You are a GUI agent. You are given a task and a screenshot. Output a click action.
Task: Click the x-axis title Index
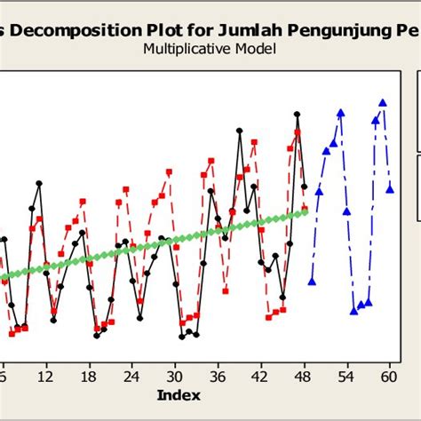point(179,394)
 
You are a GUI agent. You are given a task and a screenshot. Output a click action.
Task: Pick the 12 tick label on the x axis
point(45,375)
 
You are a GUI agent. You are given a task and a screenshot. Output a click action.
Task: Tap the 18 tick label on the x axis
point(89,375)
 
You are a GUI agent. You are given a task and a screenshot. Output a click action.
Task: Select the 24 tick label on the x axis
point(131,375)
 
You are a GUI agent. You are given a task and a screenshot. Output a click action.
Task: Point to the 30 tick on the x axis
point(175,375)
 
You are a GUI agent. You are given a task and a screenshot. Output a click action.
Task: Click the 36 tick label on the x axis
point(218,375)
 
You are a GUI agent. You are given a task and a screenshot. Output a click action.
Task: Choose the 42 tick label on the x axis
point(260,375)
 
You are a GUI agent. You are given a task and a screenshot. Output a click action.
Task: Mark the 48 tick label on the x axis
point(304,375)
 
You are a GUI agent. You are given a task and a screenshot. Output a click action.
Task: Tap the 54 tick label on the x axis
point(346,375)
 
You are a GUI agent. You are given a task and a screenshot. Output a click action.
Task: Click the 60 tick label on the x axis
point(389,375)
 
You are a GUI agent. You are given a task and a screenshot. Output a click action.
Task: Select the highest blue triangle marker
point(383,103)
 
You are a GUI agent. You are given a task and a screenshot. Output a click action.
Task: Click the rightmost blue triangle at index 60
point(391,187)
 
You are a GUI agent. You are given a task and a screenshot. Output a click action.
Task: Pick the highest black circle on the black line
point(297,114)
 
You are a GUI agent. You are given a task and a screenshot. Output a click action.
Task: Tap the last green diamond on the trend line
point(305,210)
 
